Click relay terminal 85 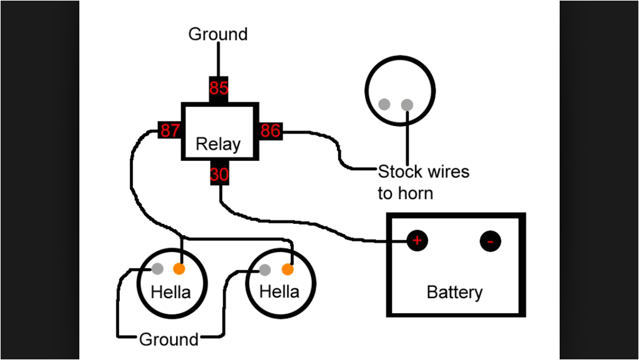218,89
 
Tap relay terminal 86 270,131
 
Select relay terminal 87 170,131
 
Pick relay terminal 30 218,175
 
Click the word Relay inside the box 218,145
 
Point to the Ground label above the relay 218,34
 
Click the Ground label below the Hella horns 168,339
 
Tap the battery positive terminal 417,240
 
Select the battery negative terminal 490,241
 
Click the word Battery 454,292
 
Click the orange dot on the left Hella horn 179,270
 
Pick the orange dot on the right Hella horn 287,270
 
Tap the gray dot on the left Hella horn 158,269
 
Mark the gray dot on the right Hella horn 265,270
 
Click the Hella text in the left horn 171,291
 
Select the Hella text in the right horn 279,291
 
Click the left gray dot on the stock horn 385,104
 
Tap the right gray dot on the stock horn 407,104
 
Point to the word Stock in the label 400,172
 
